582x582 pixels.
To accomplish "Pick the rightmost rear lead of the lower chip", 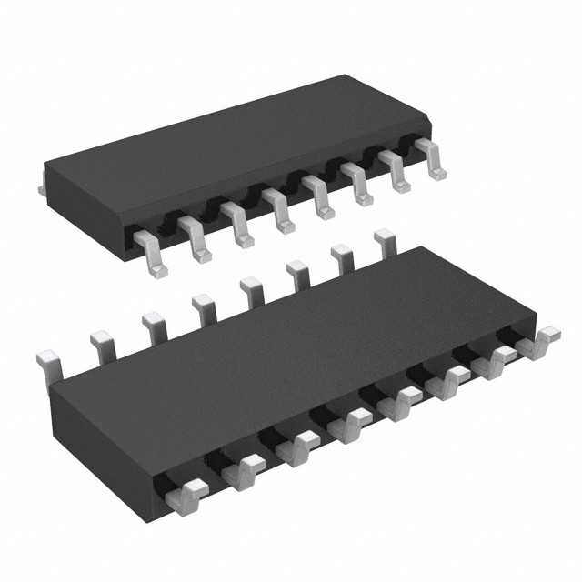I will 386,242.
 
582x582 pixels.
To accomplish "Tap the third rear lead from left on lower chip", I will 152,324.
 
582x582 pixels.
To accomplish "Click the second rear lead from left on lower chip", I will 102,344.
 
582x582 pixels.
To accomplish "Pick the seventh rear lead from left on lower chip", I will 344,257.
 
